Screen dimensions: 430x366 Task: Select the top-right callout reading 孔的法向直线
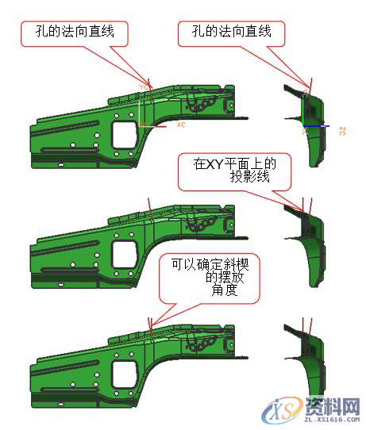point(231,33)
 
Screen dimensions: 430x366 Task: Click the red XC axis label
point(180,125)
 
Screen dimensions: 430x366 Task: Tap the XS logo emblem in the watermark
point(283,411)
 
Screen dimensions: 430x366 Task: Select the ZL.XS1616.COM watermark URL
point(326,422)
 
